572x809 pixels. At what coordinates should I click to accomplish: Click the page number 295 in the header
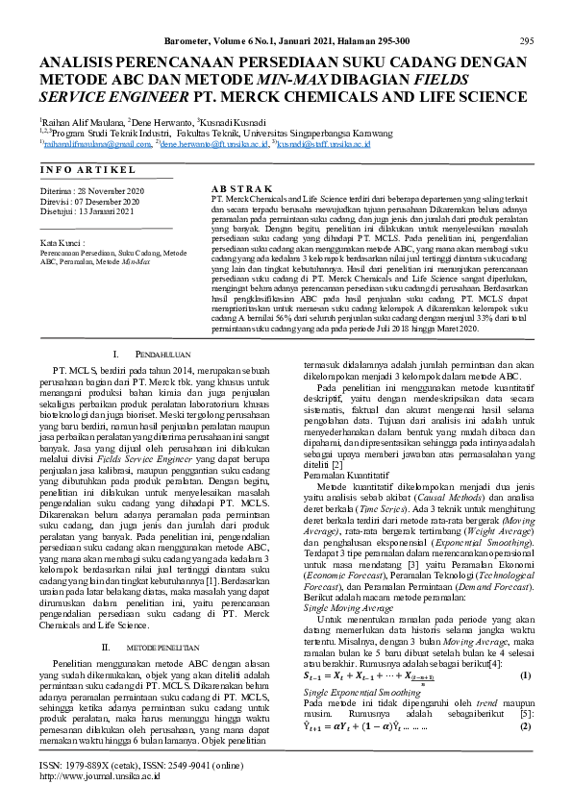[x=526, y=41]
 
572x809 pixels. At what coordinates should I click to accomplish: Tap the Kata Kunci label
[x=58, y=243]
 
